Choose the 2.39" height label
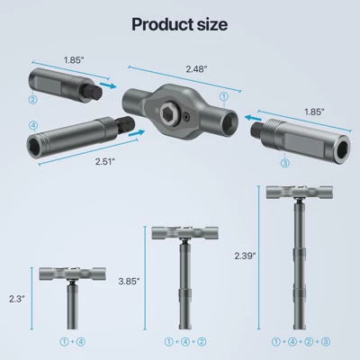click(243, 256)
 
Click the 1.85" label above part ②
click(76, 59)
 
